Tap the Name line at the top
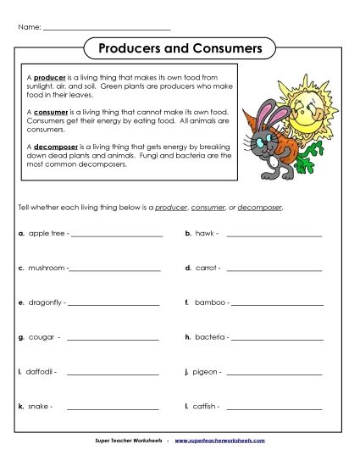click(106, 29)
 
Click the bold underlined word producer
click(50, 77)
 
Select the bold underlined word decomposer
click(57, 145)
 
